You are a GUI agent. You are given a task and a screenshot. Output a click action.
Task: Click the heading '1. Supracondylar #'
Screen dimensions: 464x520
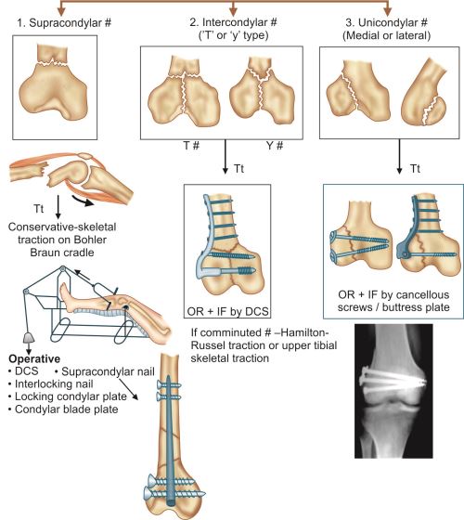pos(64,23)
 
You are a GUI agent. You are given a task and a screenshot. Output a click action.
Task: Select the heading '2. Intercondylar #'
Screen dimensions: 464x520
pos(233,22)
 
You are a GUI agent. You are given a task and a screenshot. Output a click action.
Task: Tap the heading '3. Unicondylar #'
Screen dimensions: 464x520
pos(386,22)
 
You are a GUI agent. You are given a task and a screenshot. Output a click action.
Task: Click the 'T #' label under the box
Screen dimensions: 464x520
pos(191,145)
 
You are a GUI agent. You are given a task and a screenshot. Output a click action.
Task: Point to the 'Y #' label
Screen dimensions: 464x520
pos(275,145)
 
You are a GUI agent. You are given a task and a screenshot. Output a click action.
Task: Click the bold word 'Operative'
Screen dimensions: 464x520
pos(34,358)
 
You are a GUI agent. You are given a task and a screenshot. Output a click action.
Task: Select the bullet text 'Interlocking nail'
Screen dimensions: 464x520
pos(54,383)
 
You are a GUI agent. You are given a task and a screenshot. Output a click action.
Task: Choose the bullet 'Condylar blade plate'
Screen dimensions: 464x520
pos(67,409)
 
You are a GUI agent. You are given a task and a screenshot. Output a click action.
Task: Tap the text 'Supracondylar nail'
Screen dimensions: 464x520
pos(108,371)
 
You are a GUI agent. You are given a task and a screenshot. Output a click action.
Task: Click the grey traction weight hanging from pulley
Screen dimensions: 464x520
pos(29,338)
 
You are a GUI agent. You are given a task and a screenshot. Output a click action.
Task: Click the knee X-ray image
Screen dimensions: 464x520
pos(393,391)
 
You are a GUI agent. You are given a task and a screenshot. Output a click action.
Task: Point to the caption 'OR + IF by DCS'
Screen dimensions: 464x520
pos(227,311)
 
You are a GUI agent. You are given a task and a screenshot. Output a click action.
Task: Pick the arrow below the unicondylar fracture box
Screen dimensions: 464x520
pos(399,156)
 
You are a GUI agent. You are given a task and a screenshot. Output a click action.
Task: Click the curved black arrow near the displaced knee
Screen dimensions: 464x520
pos(83,201)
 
